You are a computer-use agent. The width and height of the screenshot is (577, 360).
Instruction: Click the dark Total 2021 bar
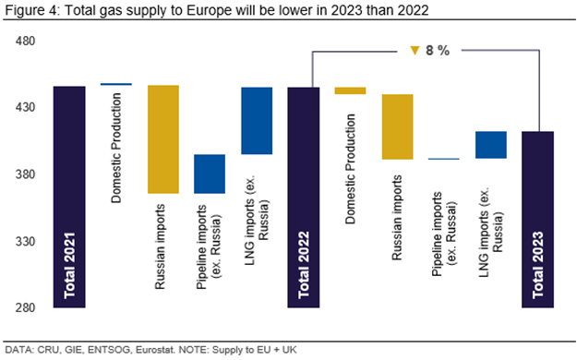click(69, 197)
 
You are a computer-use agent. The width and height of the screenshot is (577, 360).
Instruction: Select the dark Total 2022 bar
click(303, 198)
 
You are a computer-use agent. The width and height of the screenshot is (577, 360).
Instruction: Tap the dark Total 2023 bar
click(537, 220)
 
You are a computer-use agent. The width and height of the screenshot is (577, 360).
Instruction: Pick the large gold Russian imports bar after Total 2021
click(163, 139)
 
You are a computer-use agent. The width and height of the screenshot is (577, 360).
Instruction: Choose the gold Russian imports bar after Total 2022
click(397, 127)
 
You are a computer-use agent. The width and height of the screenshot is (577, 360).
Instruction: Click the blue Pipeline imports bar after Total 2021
click(210, 174)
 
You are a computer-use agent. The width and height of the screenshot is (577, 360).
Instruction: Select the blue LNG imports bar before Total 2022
click(257, 121)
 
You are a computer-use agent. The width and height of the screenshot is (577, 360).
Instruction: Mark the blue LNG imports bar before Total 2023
click(491, 145)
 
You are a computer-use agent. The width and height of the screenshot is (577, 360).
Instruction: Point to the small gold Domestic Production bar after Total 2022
click(350, 90)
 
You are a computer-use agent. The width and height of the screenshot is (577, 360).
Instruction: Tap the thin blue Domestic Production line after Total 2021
click(116, 84)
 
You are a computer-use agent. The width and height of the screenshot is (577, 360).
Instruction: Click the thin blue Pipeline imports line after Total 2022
click(444, 159)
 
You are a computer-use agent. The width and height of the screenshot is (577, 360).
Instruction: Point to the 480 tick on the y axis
click(26, 41)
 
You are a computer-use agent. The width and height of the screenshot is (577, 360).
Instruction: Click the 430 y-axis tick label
click(26, 107)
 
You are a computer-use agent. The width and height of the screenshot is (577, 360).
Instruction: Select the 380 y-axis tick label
click(26, 174)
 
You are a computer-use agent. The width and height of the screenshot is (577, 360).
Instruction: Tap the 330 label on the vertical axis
click(26, 242)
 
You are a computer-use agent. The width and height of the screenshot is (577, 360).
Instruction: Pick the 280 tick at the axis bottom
click(26, 307)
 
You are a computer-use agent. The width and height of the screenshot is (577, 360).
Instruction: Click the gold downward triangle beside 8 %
click(415, 50)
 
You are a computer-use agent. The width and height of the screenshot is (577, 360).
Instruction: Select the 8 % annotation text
click(438, 51)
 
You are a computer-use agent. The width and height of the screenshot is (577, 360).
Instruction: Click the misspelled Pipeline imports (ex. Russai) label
click(444, 234)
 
